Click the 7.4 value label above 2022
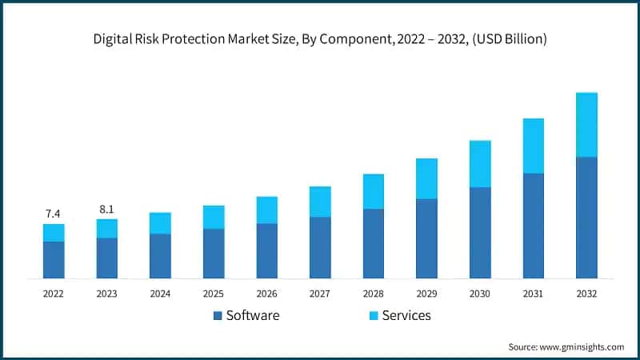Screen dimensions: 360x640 [x=54, y=214]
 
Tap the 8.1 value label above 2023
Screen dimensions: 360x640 [x=106, y=209]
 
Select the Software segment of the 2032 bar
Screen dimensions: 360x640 [x=586, y=218]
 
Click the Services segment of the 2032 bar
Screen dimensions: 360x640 [x=586, y=125]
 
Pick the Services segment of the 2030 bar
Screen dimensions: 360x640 [x=480, y=164]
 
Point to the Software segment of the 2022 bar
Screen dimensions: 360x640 [x=54, y=260]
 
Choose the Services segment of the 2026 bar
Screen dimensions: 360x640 [x=266, y=210]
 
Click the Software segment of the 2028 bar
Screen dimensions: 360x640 [x=374, y=244]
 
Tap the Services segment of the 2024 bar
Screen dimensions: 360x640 [x=160, y=223]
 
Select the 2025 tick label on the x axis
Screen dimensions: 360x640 [x=214, y=294]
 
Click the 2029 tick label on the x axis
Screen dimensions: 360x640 [x=426, y=294]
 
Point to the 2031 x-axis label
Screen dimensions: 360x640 [x=534, y=294]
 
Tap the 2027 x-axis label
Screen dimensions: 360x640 [x=320, y=294]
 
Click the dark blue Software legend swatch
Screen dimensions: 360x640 [x=218, y=316]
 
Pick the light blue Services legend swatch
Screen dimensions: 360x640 [x=372, y=316]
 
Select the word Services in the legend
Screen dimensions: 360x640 [x=406, y=315]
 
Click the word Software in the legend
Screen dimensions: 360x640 [x=253, y=315]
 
